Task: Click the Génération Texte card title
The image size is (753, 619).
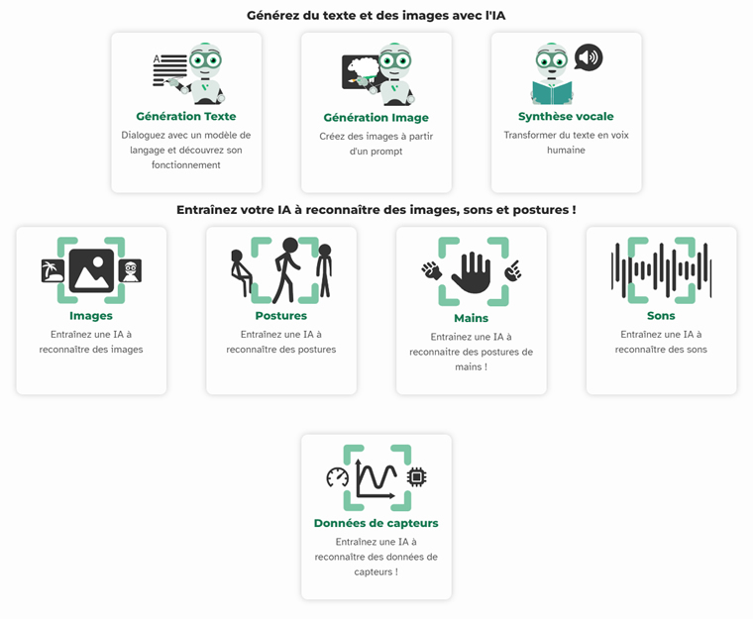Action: click(x=186, y=116)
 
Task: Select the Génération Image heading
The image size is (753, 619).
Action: click(x=376, y=118)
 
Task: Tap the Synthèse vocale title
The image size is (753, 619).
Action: click(x=566, y=116)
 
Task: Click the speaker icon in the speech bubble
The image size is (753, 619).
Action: click(x=588, y=57)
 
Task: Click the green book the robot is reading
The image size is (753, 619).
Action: click(x=552, y=92)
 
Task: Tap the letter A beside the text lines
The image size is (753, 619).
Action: click(x=157, y=59)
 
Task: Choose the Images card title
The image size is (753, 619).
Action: click(x=91, y=316)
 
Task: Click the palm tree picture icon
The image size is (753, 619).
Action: click(x=53, y=270)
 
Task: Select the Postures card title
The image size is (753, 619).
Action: click(x=281, y=316)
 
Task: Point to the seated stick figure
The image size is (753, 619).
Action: click(x=241, y=272)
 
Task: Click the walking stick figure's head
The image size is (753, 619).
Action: click(x=290, y=245)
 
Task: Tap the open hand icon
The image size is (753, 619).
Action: click(x=472, y=272)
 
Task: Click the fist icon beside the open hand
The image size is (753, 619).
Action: click(x=431, y=270)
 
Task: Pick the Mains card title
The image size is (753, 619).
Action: click(x=471, y=318)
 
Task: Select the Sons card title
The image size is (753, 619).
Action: click(x=661, y=316)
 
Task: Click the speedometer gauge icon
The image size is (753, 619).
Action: click(x=338, y=477)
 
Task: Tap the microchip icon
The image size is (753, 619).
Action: click(x=416, y=477)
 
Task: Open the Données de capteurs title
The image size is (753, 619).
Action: click(x=376, y=523)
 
